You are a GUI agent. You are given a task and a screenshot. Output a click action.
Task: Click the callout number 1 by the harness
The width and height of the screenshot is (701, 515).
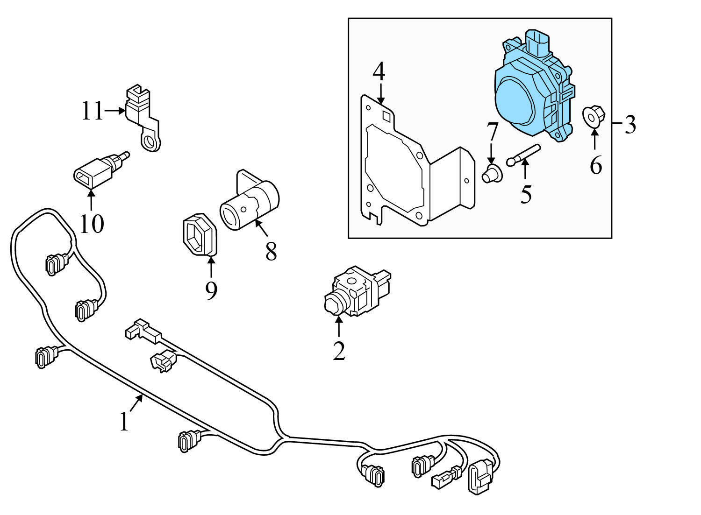(x=124, y=422)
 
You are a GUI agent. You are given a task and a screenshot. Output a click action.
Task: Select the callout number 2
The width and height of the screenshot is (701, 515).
(x=339, y=351)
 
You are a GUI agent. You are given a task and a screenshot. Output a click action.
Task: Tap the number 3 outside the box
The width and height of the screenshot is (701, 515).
(x=630, y=125)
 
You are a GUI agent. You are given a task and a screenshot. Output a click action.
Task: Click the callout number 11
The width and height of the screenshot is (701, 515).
(x=92, y=111)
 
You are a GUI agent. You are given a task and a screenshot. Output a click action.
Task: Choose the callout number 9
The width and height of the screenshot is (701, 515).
(x=211, y=290)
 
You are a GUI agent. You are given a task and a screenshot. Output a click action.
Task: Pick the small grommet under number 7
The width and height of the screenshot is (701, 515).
(x=491, y=175)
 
